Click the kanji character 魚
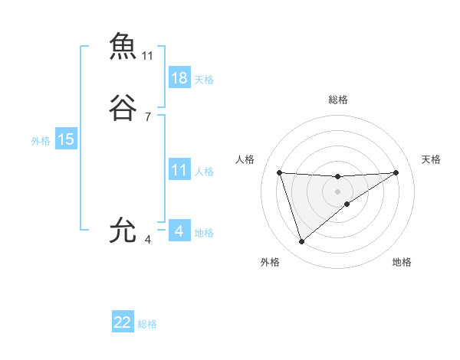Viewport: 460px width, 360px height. coord(123,46)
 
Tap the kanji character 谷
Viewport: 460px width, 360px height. coord(123,109)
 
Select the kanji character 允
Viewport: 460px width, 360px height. coord(123,231)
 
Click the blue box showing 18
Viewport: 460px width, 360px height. coord(179,78)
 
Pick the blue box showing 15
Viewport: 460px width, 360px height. coord(65,139)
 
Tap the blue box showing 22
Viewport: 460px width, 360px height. coord(123,322)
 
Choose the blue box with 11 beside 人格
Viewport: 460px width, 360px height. coord(179,170)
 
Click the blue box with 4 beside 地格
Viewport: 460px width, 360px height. coord(179,231)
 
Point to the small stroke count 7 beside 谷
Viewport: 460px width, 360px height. coord(148,116)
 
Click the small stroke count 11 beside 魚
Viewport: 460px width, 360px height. coord(148,55)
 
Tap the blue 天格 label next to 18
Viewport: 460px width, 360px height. coord(204,80)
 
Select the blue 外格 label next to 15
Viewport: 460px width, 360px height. coord(40,141)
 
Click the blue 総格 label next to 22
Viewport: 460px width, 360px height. coord(147,324)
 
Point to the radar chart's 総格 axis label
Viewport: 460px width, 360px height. coord(338,100)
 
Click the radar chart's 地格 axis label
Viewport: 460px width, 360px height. coord(402,263)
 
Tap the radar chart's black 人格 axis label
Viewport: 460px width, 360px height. coord(245,159)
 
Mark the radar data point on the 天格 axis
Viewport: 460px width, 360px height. coord(396,172)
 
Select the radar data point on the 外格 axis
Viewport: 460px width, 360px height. coord(302,242)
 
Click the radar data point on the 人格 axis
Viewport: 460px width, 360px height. coord(280,172)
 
